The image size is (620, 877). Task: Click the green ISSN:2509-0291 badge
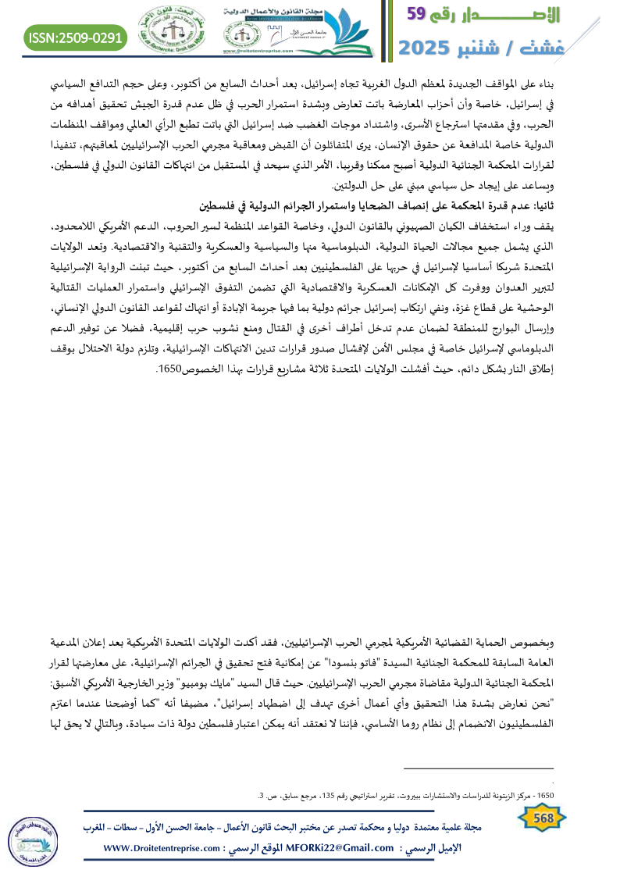[77, 37]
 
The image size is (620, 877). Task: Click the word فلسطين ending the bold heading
[216, 206]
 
